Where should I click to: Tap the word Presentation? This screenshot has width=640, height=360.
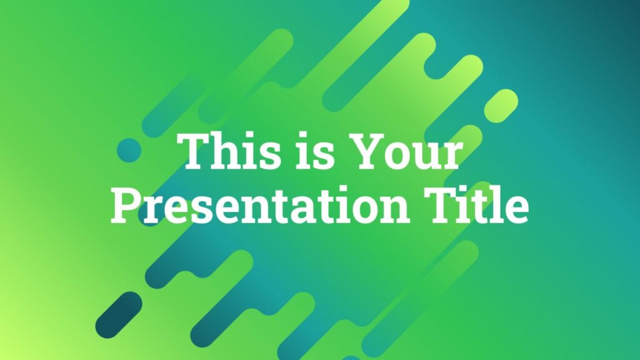coord(261,204)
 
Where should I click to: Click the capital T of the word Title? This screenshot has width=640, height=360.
coord(442,204)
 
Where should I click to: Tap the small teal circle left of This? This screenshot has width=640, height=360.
coord(129,150)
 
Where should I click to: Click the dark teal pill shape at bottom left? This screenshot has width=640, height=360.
coord(119,315)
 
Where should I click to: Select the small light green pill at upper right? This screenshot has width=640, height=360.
coord(501,106)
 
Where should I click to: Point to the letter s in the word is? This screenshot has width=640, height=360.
coord(324,157)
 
